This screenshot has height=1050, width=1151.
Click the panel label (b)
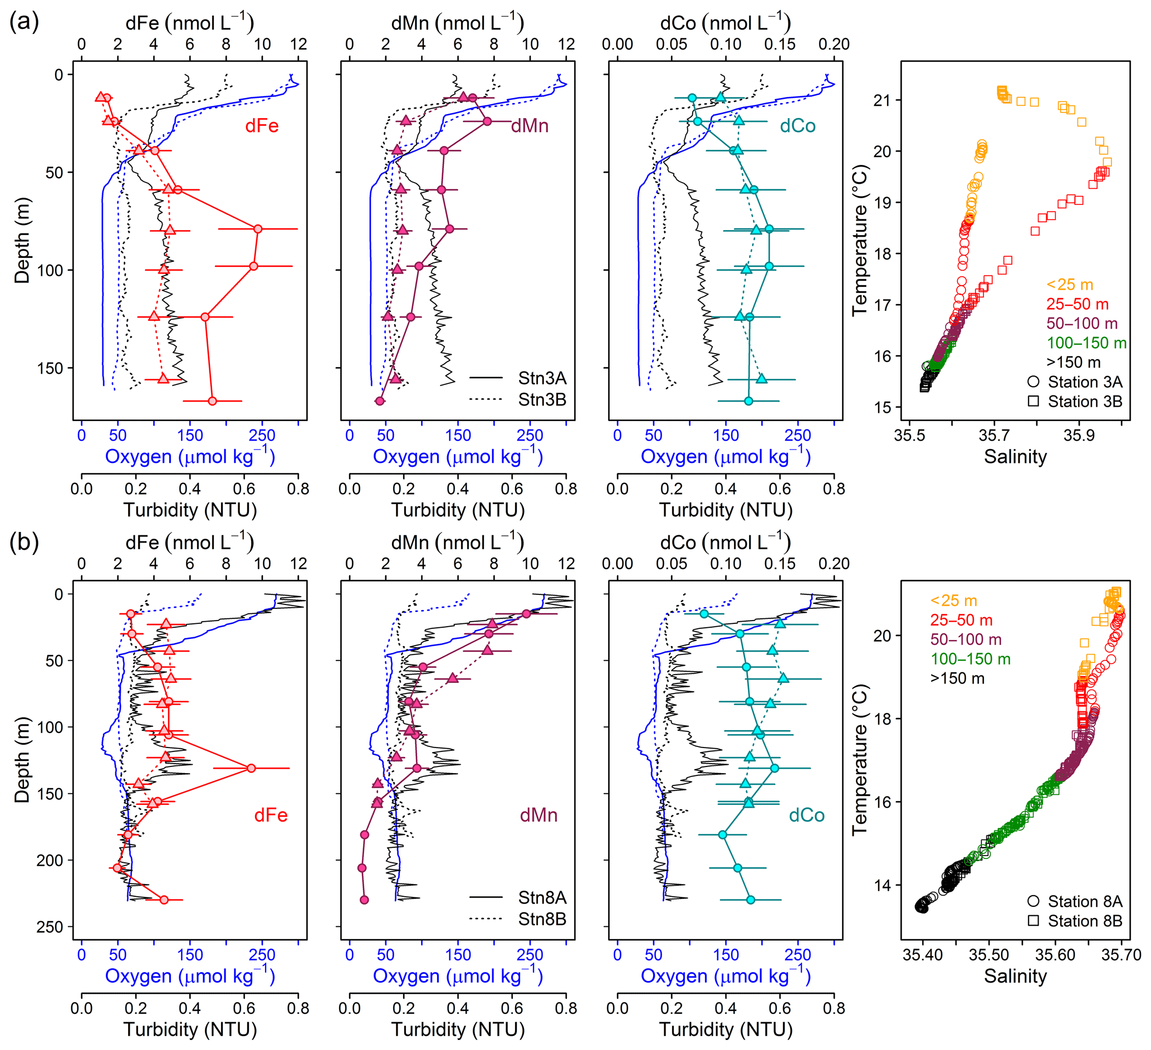(24, 541)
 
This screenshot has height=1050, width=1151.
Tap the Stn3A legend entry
(541, 378)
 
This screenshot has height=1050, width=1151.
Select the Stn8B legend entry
(541, 919)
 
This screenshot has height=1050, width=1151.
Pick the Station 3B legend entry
(1084, 402)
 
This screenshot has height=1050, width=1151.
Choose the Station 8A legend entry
(1084, 901)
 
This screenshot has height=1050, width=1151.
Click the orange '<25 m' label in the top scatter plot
(1069, 285)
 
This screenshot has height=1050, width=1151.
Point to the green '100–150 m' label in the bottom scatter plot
(971, 660)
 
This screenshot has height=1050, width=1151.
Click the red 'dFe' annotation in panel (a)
(262, 126)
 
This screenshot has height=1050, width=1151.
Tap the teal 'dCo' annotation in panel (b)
(806, 815)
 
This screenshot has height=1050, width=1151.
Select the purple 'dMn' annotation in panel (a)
(529, 126)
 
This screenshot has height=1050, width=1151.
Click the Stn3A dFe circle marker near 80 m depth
(258, 229)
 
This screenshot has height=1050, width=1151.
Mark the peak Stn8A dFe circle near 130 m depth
(251, 768)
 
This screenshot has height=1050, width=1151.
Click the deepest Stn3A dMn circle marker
(379, 401)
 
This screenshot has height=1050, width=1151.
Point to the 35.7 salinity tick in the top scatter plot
(993, 435)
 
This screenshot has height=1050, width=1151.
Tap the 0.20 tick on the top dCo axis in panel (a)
(834, 45)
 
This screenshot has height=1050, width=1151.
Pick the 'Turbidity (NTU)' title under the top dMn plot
(458, 510)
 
